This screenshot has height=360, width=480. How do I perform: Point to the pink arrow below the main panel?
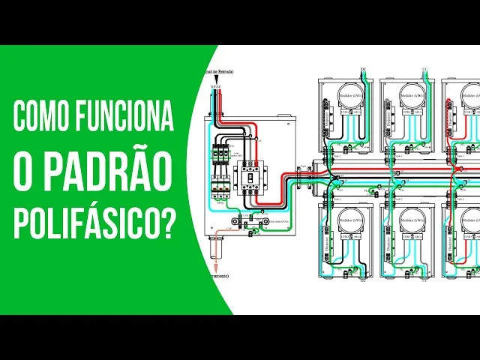[215, 262]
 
